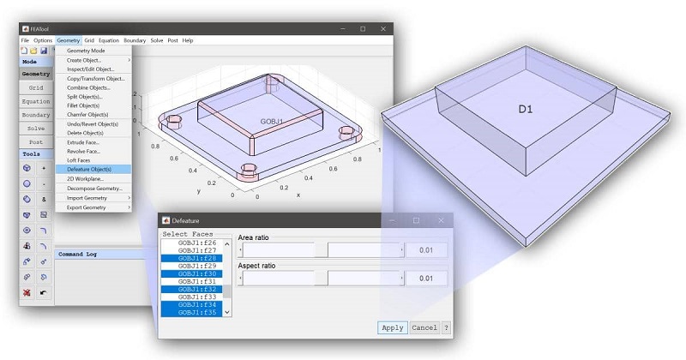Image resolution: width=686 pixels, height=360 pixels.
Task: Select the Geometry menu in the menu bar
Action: (69, 40)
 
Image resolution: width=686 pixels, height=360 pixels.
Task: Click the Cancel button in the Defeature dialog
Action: (424, 327)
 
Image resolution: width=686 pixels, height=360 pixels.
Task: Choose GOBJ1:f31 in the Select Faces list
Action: (198, 281)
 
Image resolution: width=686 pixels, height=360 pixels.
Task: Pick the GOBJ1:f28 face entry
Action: (198, 258)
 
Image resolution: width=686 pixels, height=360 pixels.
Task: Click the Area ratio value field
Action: (426, 249)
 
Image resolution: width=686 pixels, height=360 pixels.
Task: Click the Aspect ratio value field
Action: (426, 279)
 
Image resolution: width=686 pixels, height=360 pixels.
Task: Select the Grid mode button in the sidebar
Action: (36, 87)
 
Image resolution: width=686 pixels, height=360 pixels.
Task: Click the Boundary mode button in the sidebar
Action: (36, 114)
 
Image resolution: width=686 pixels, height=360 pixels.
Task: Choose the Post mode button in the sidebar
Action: (36, 141)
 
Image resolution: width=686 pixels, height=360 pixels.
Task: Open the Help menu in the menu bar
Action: (188, 40)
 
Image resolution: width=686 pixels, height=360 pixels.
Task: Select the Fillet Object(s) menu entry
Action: (87, 105)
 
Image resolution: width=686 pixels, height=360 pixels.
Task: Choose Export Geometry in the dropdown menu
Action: (87, 207)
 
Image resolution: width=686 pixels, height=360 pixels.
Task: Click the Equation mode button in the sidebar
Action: (36, 101)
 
